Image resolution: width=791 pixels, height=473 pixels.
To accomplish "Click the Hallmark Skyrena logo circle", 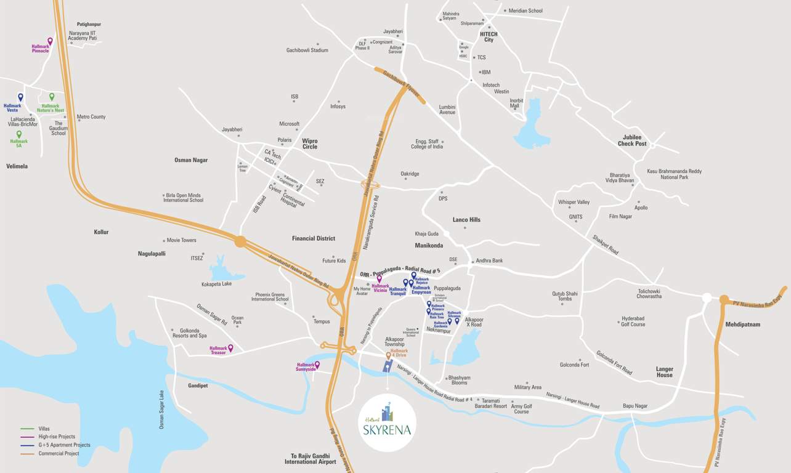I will tap(387, 422).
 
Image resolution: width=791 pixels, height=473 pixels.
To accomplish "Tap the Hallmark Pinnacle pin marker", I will tap(50, 41).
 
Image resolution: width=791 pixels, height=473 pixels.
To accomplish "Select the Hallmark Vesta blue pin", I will tap(20, 97).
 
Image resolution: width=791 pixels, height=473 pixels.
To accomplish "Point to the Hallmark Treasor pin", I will tap(230, 348).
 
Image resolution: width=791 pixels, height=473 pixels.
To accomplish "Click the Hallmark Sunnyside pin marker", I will tap(317, 365).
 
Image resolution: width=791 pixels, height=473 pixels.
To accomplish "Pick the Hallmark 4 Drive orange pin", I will tap(388, 355).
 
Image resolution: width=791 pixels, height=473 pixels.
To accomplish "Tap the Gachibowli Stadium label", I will tap(307, 51).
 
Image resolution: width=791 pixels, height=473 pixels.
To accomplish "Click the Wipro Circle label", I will tap(310, 144).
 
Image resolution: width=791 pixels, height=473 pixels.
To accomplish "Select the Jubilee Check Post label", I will tap(632, 140).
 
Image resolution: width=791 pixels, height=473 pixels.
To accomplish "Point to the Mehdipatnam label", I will tap(742, 324).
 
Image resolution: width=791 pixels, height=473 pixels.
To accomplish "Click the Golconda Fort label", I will tap(574, 365).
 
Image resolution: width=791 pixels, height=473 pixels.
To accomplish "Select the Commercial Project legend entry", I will tap(59, 454).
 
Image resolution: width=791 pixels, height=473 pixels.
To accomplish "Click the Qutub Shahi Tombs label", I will tap(564, 296).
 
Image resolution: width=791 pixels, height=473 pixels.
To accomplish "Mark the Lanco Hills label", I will tap(466, 219).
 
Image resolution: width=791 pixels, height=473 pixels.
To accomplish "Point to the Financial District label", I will tap(314, 238).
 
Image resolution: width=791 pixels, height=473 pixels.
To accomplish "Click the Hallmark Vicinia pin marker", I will tap(379, 279).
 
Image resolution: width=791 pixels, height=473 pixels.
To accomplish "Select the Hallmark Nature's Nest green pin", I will tap(52, 97).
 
